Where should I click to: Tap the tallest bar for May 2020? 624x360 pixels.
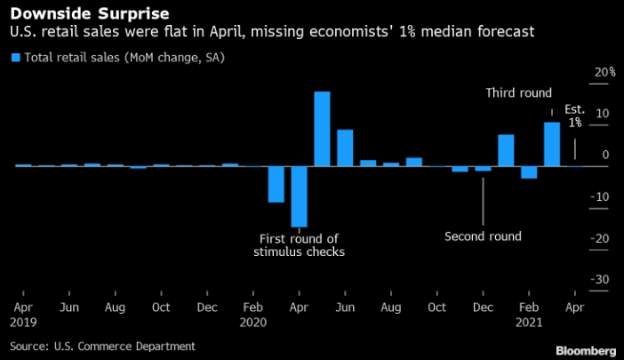(322, 129)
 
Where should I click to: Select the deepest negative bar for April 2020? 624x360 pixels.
(299, 196)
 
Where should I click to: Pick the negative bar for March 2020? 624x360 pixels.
(276, 184)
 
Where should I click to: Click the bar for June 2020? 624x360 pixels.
(345, 148)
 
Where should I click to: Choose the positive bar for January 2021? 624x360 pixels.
(506, 150)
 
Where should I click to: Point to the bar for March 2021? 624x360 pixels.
(552, 144)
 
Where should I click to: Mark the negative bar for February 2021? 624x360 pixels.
(529, 172)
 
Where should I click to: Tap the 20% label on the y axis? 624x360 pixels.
(604, 72)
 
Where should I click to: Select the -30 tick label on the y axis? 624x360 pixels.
(602, 279)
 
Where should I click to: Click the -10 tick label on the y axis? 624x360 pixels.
(602, 196)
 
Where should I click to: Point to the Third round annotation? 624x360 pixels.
(519, 92)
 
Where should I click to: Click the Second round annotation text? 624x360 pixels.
(483, 236)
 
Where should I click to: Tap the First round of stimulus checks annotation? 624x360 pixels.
(300, 245)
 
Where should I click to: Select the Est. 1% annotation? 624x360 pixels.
(575, 116)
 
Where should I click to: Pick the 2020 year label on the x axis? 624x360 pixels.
(253, 323)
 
